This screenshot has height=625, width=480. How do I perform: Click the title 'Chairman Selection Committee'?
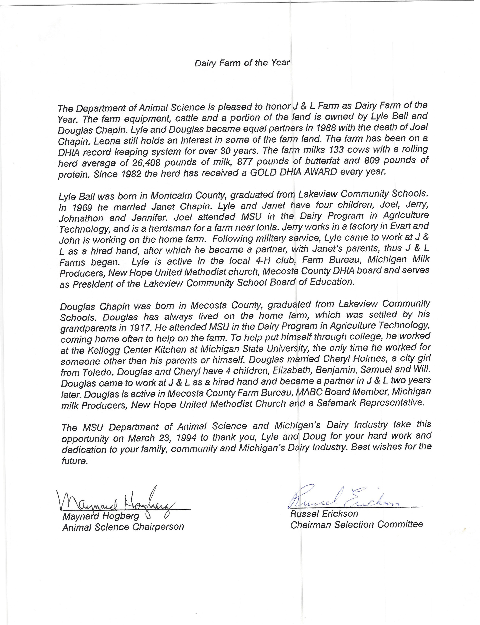coord(357,525)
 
